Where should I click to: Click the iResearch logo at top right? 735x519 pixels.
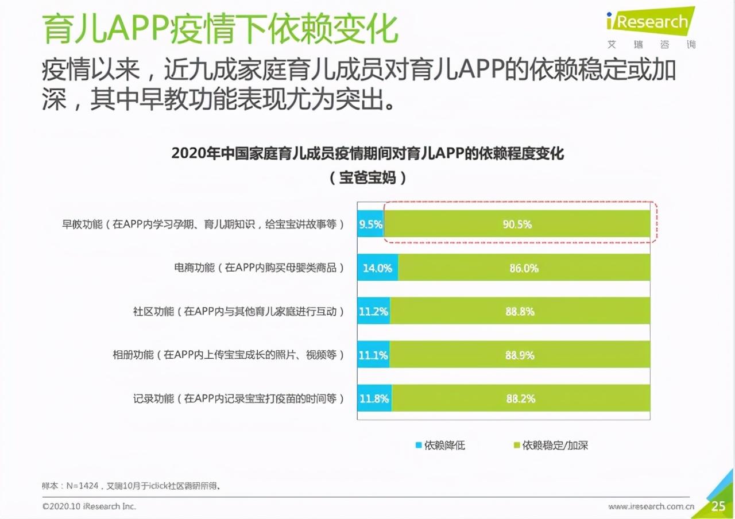649,23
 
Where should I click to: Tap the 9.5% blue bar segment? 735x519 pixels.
370,224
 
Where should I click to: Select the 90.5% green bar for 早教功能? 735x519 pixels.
517,224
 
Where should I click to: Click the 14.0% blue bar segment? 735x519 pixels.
377,268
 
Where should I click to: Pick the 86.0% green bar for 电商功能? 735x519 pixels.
524,268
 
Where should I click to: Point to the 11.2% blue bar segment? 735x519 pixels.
373,312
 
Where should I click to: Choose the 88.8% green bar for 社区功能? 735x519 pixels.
520,312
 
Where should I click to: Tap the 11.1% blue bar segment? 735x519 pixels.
373,355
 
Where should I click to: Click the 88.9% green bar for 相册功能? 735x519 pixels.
520,355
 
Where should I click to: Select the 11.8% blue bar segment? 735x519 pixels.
374,398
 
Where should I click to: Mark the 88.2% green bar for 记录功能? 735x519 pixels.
521,398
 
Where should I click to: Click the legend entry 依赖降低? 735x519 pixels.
440,446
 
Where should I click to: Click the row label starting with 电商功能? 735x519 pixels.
259,268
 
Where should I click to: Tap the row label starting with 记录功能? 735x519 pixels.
238,398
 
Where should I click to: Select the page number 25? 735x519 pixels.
718,506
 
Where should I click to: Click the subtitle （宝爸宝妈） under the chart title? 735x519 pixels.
367,178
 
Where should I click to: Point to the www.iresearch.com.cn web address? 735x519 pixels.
651,506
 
